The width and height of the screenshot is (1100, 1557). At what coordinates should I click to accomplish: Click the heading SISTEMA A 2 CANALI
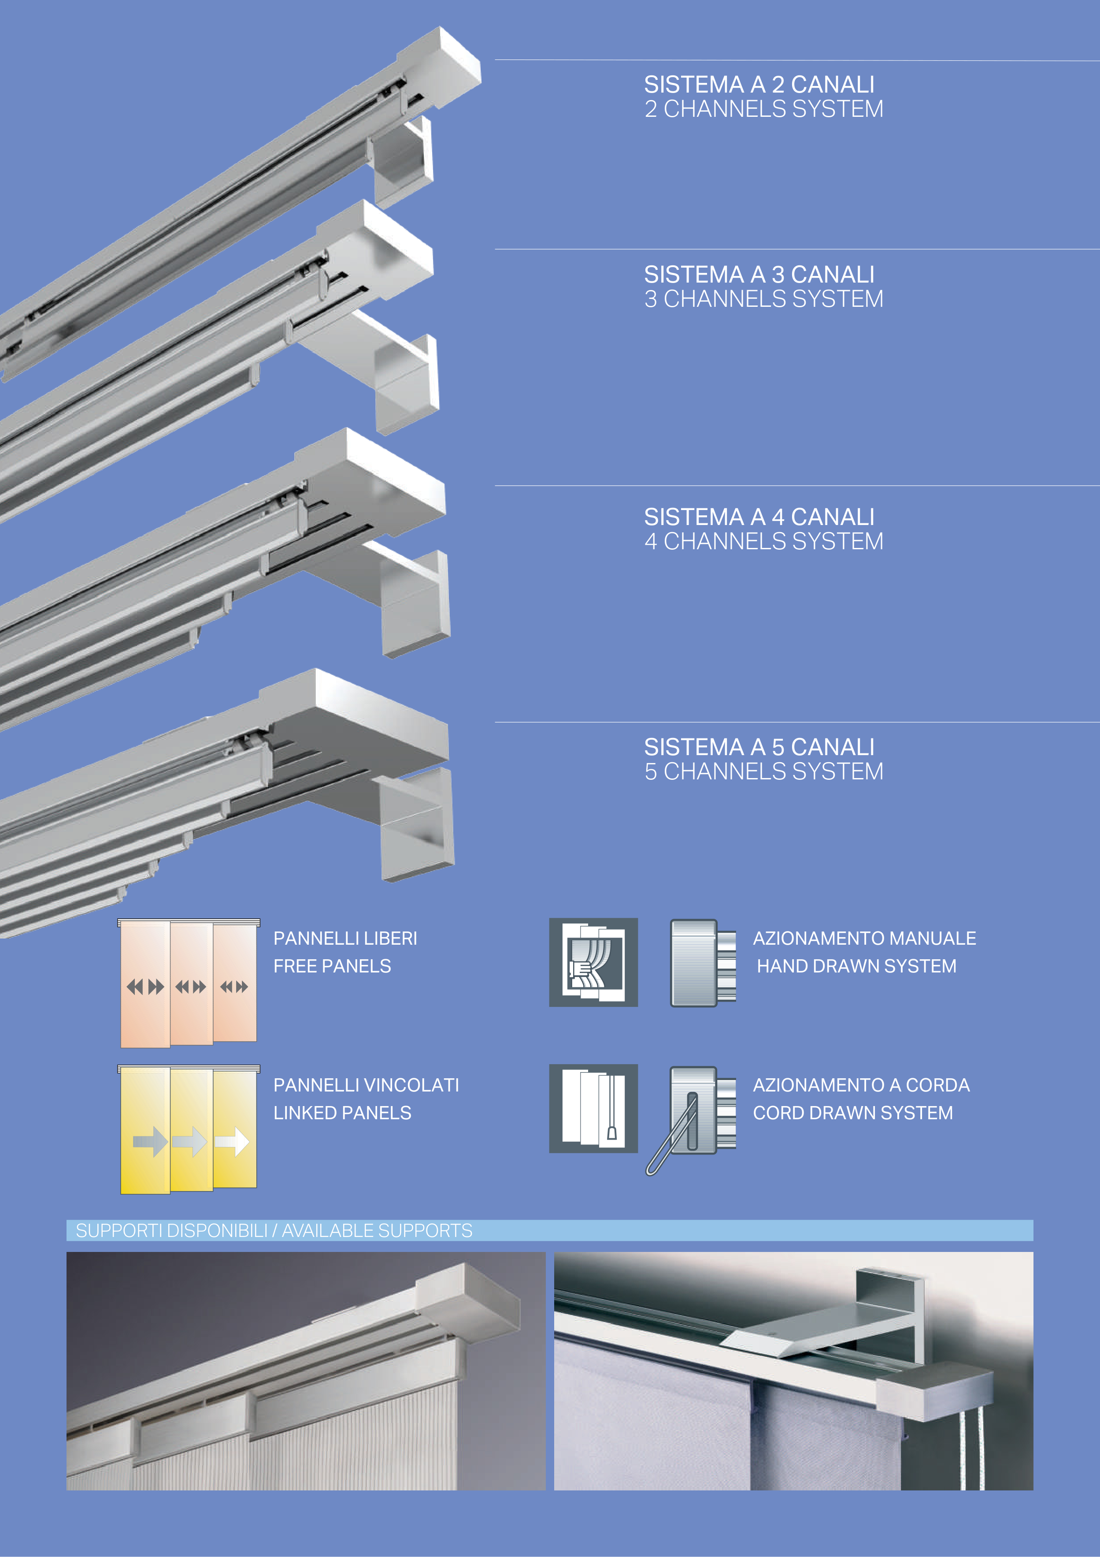pyautogui.click(x=759, y=85)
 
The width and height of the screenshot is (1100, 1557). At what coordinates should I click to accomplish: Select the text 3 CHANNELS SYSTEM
pyautogui.click(x=763, y=299)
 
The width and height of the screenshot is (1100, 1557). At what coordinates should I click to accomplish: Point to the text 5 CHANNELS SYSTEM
pyautogui.click(x=763, y=772)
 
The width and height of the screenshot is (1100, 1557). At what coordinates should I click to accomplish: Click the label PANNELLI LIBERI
pyautogui.click(x=345, y=939)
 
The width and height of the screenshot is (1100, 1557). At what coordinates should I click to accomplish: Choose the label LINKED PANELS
pyautogui.click(x=342, y=1113)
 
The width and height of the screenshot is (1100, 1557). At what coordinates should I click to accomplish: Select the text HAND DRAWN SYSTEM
pyautogui.click(x=856, y=966)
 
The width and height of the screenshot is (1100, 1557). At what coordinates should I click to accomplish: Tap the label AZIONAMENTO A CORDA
pyautogui.click(x=861, y=1085)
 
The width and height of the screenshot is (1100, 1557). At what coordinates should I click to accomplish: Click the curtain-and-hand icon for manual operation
pyautogui.click(x=593, y=962)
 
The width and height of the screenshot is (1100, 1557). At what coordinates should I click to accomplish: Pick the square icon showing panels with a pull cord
pyautogui.click(x=593, y=1108)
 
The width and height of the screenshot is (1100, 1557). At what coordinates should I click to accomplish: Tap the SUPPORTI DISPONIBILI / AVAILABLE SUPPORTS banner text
pyautogui.click(x=274, y=1231)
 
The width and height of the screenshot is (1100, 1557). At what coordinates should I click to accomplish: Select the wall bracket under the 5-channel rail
pyautogui.click(x=415, y=824)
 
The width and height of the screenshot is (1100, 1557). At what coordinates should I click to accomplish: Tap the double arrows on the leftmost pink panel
pyautogui.click(x=145, y=987)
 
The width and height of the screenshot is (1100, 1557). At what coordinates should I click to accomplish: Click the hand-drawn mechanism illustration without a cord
pyautogui.click(x=702, y=963)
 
